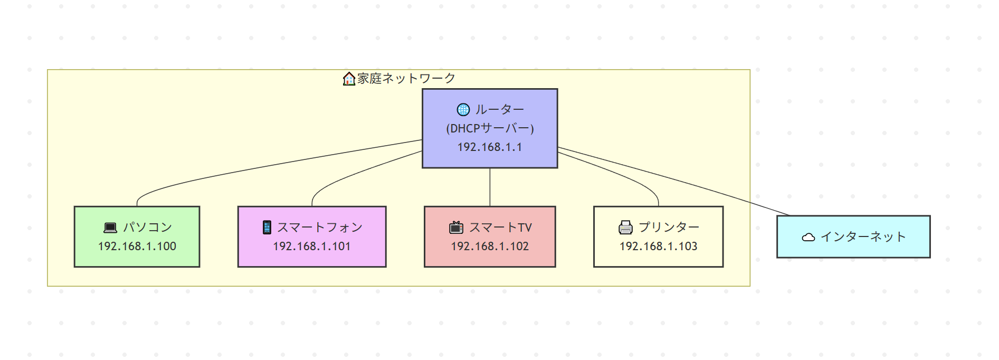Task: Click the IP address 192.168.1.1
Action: (x=490, y=147)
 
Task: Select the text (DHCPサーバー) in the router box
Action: (x=490, y=128)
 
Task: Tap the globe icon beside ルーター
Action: (x=463, y=109)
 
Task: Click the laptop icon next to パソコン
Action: (x=110, y=228)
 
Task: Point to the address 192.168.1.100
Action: (x=137, y=246)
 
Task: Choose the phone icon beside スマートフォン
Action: (x=267, y=228)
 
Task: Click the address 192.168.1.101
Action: (x=311, y=246)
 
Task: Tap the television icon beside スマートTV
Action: (x=456, y=228)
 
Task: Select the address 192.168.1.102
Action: (x=490, y=246)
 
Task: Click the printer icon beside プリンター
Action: (x=625, y=228)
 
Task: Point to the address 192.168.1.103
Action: (x=658, y=246)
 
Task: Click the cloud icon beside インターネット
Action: (x=808, y=237)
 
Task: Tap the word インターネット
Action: (x=863, y=237)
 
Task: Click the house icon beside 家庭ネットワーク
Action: (x=349, y=79)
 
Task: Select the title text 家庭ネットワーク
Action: (x=406, y=79)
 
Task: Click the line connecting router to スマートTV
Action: (x=490, y=187)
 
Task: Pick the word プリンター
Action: (x=669, y=227)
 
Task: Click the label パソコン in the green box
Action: (x=147, y=227)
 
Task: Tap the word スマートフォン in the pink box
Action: (x=320, y=227)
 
